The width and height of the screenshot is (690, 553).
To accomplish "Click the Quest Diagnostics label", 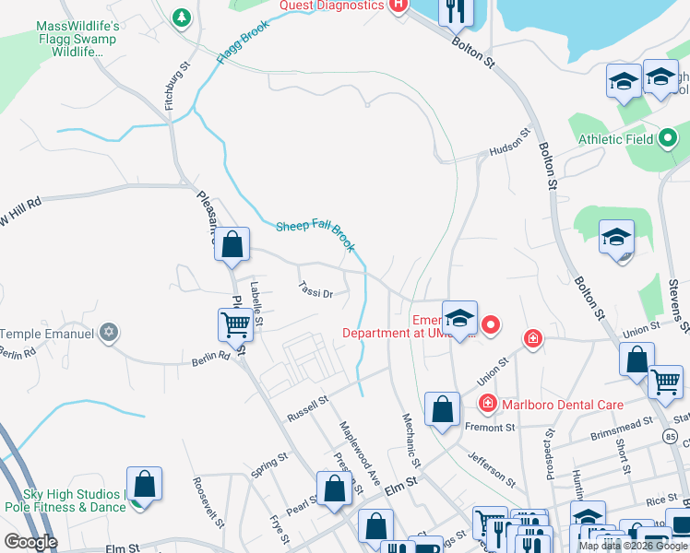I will point(332,6).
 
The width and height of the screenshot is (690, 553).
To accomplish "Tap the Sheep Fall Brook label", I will point(315,236).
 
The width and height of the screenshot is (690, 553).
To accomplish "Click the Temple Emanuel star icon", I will point(110,333).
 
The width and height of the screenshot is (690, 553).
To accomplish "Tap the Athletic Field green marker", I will point(669,140).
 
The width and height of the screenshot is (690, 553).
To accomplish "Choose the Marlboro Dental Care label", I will point(562,405).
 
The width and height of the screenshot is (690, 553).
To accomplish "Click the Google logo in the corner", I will point(30,541).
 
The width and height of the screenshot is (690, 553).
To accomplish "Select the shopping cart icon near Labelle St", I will point(235,324).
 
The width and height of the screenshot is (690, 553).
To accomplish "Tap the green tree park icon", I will point(183,17).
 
